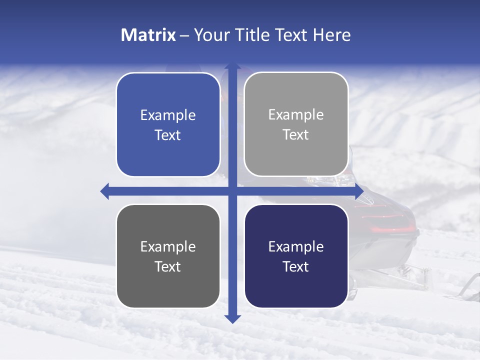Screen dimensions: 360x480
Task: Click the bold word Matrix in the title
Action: tap(148, 35)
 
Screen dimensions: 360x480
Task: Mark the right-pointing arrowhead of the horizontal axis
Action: tap(358, 191)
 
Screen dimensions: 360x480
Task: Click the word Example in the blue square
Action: tap(168, 115)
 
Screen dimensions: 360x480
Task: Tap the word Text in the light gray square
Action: tap(296, 135)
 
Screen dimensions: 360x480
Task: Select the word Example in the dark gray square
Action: tap(168, 247)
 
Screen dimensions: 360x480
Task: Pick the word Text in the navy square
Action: tap(296, 266)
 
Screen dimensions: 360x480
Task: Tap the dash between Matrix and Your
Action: tap(184, 35)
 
